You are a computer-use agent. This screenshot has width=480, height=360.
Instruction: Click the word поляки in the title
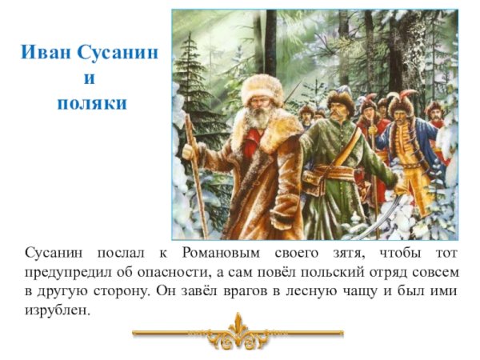92,103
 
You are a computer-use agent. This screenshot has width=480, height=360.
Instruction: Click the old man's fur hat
260,85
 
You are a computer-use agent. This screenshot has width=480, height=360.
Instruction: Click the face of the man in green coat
340,110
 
